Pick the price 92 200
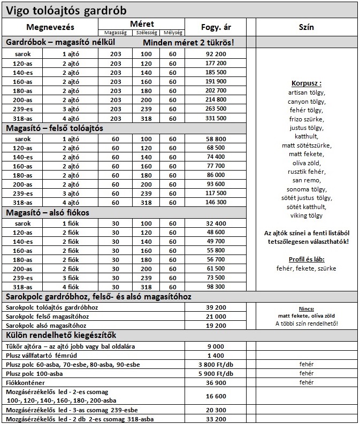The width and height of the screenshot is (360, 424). [x=215, y=55]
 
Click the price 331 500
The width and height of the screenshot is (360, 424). [x=215, y=118]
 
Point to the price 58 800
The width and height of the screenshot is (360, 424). [x=215, y=138]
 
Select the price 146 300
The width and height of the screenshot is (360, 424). [x=215, y=202]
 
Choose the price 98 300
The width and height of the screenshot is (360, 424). [x=215, y=287]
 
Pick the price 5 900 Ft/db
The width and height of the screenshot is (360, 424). [x=215, y=374]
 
